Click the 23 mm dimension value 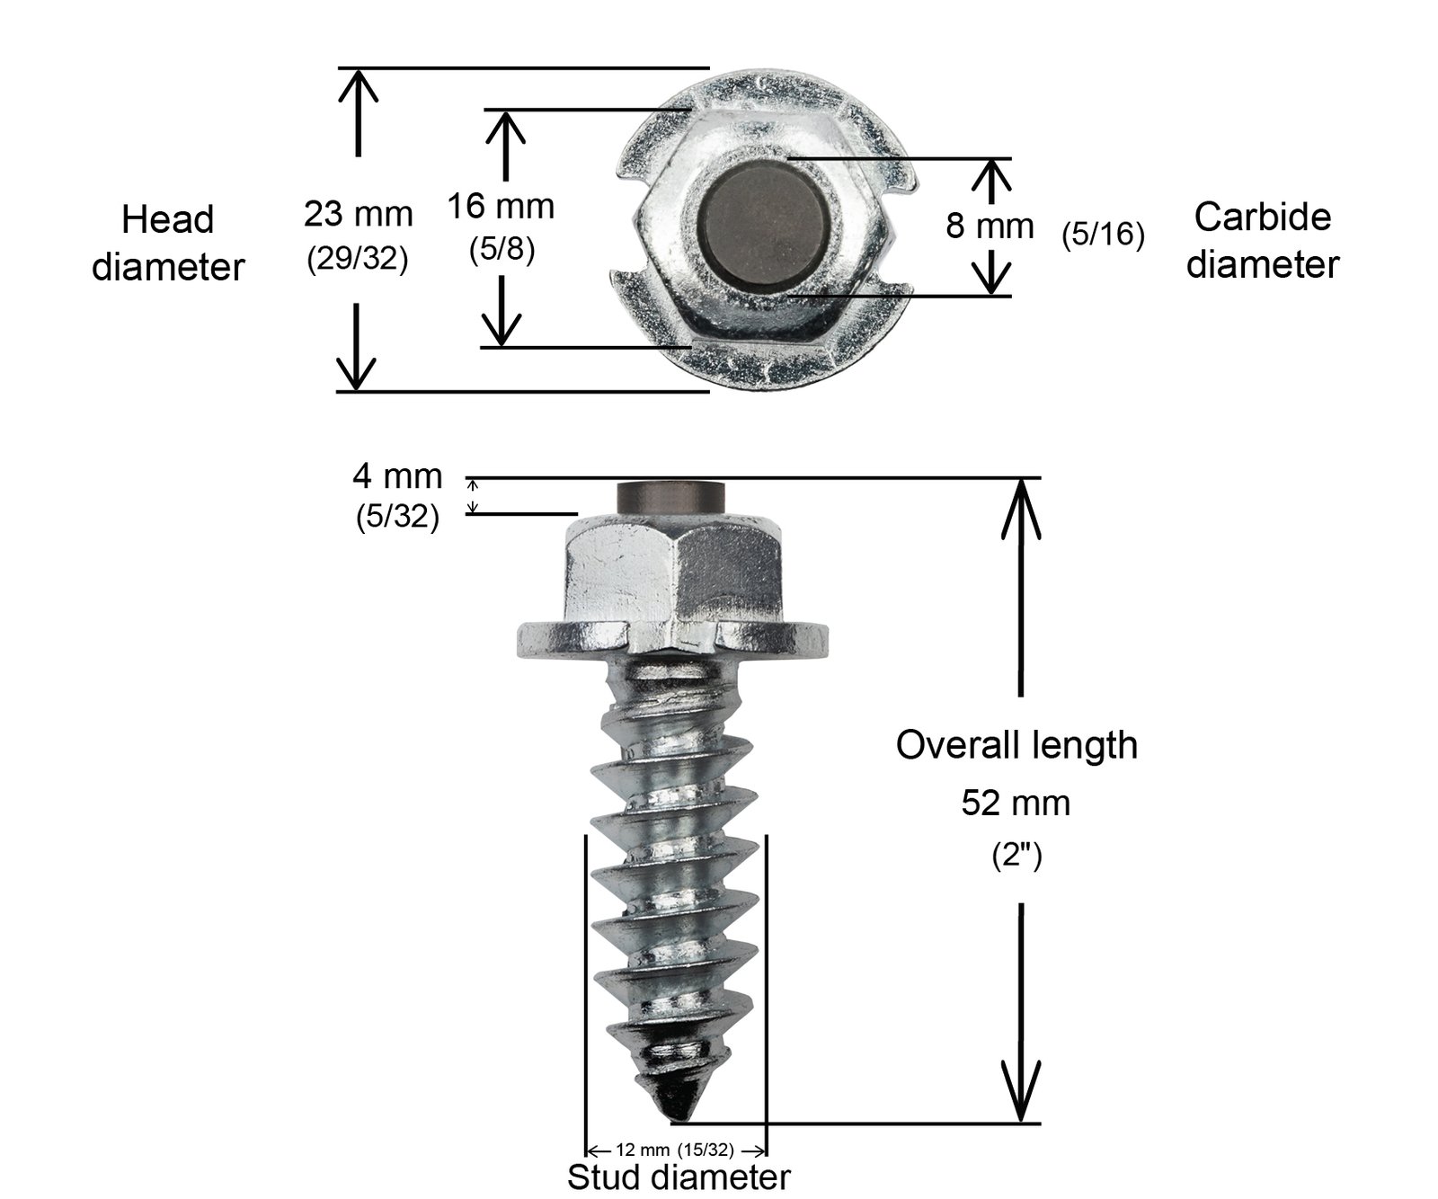358,215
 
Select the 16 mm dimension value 501,207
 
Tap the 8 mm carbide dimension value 990,226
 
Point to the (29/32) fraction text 358,259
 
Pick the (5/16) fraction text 1103,235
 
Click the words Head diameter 168,243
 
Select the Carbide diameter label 1262,240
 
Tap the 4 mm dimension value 397,475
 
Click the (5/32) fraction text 397,517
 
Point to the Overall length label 1016,745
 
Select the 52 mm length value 1016,803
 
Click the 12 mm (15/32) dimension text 675,1150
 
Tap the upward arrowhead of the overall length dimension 1020,503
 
